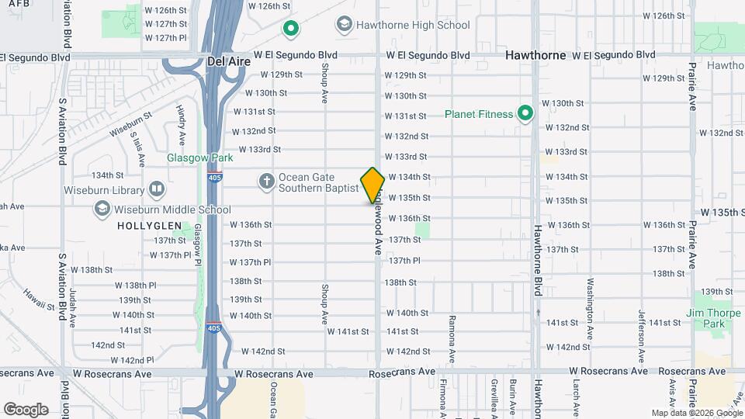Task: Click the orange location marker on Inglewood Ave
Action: point(372,185)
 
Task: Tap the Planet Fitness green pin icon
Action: point(525,114)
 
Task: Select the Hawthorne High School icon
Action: point(342,25)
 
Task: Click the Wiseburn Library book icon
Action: point(157,189)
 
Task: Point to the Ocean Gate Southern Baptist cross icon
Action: point(266,182)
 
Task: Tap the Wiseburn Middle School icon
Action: point(102,209)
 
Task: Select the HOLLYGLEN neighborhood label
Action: point(149,226)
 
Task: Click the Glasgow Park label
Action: point(189,158)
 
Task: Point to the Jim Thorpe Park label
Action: point(707,318)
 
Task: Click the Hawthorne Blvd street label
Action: point(536,260)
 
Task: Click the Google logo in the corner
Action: point(26,409)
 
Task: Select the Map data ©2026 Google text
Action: point(696,413)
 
